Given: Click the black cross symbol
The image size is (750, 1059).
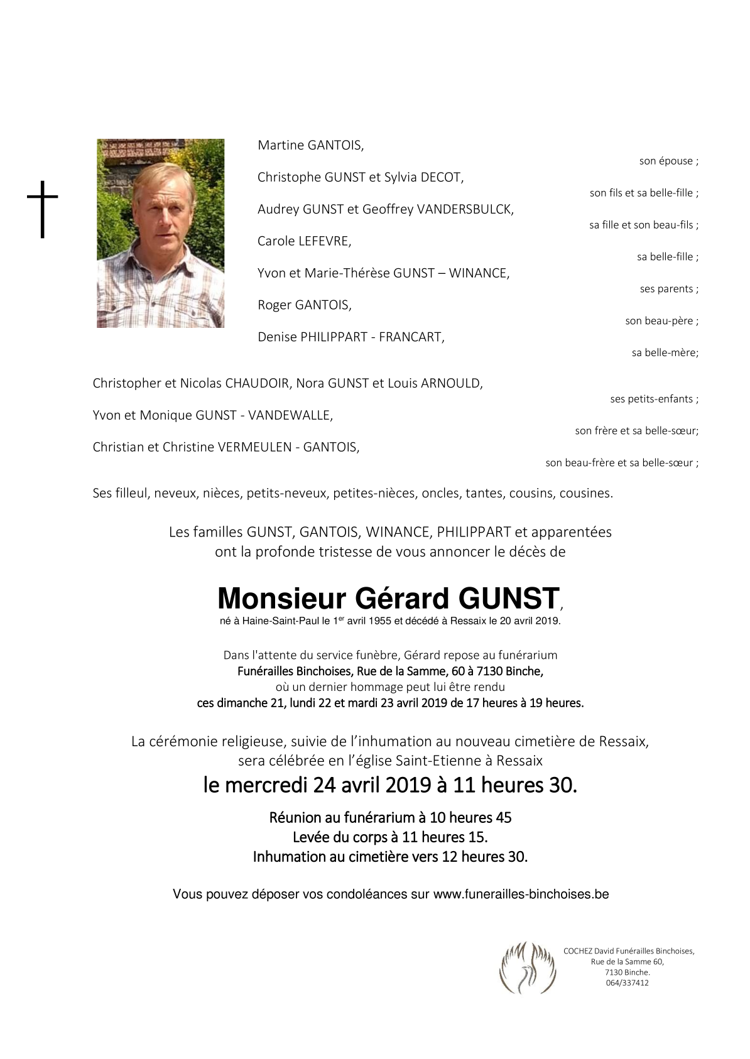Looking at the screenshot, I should pos(42,209).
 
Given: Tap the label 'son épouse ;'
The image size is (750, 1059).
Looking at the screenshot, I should pos(668,161).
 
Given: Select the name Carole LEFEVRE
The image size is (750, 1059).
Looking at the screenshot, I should pos(304,241).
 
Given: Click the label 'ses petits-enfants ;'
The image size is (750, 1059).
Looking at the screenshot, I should pos(654,399).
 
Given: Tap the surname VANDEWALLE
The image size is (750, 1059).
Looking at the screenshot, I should pos(290,415).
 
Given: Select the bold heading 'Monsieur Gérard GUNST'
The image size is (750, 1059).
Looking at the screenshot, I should pos(388,599).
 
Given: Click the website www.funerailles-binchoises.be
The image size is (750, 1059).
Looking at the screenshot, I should pos(521,894).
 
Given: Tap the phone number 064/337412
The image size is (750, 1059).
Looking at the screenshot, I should pos(627,983).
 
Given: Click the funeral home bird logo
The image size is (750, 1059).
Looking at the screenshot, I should pos(528,968).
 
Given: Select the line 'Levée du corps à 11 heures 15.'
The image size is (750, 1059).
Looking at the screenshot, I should pos(390,837).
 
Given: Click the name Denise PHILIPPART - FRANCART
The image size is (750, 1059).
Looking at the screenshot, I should pos(351,337).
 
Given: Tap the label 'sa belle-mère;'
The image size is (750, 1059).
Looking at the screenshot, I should pos(665,353).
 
